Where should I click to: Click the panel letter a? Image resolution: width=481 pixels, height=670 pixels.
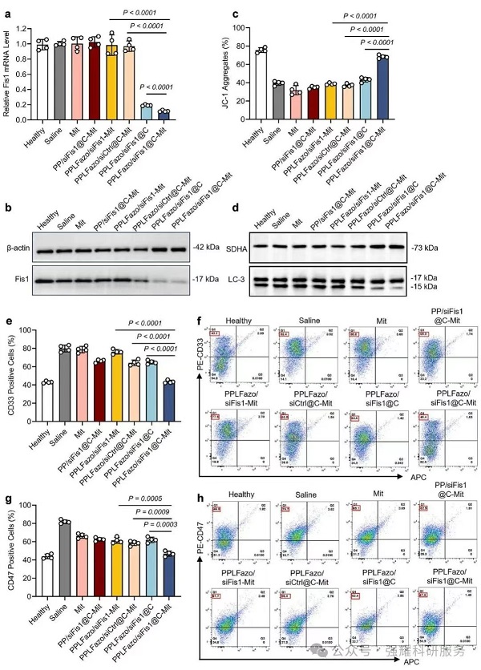pyautogui.click(x=8, y=10)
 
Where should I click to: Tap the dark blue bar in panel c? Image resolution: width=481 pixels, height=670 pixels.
pyautogui.click(x=383, y=92)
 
